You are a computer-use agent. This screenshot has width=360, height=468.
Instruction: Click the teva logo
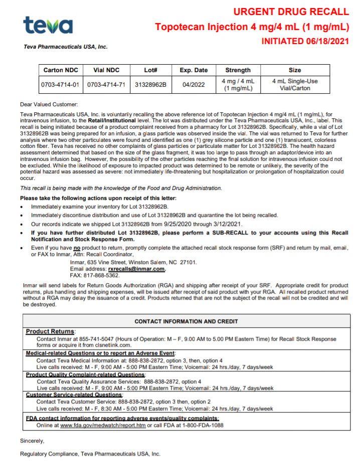pyautogui.click(x=48, y=25)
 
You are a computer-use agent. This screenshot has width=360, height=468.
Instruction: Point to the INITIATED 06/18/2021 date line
pyautogui.click(x=305, y=41)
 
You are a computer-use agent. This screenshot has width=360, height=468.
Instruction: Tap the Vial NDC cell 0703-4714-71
pyautogui.click(x=106, y=85)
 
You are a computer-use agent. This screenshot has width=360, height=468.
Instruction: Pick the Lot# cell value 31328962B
pyautogui.click(x=150, y=85)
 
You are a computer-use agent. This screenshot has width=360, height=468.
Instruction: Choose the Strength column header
pyautogui.click(x=238, y=70)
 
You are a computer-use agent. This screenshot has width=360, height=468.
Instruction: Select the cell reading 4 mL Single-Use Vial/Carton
pyautogui.click(x=295, y=85)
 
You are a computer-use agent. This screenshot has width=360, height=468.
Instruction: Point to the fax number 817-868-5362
pyautogui.click(x=102, y=275)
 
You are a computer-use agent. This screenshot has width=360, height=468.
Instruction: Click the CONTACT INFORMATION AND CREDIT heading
pyautogui.click(x=187, y=321)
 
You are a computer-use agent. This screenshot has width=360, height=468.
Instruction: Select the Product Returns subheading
pyautogui.click(x=51, y=331)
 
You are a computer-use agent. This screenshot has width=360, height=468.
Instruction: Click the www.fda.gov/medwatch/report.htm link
pyautogui.click(x=103, y=425)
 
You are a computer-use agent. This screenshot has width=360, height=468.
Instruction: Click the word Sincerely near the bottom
pyautogui.click(x=32, y=441)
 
